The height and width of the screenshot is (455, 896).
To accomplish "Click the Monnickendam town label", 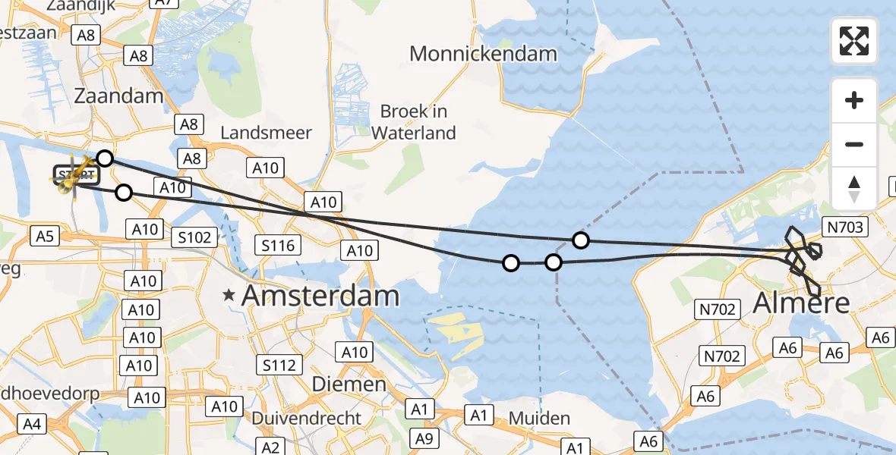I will [483, 54].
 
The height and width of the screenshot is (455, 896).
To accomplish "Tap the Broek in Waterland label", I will [414, 122].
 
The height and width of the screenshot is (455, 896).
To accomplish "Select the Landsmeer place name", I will [266, 133].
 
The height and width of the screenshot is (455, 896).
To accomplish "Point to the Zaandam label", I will [118, 96].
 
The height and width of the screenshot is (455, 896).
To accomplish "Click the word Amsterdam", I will [320, 297].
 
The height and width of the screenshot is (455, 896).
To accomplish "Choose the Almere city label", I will [800, 304].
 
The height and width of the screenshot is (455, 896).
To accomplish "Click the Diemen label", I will [350, 384].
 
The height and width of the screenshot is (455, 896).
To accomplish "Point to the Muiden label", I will [539, 419].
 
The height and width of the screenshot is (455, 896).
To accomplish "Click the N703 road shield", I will [846, 227].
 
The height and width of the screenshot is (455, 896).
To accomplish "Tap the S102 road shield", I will [195, 237].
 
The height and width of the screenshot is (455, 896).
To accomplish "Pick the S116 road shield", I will [279, 245].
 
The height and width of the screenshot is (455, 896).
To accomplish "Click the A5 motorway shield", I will [44, 237].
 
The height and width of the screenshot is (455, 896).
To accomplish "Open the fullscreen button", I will [854, 41].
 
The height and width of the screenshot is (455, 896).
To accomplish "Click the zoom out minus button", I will [854, 144].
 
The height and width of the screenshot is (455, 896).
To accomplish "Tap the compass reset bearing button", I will [854, 188].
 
